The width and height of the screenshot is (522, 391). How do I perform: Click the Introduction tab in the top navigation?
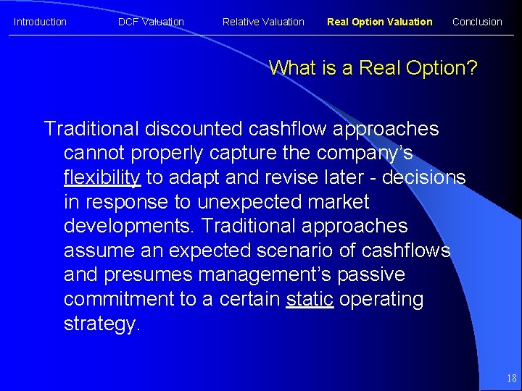pyautogui.click(x=40, y=22)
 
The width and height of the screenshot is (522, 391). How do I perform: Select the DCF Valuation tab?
pyautogui.click(x=151, y=22)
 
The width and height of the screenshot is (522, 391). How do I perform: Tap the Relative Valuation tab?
pyautogui.click(x=263, y=22)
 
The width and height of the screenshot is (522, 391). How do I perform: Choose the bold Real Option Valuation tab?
pyautogui.click(x=379, y=22)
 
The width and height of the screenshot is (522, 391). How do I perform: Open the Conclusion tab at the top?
pyautogui.click(x=477, y=22)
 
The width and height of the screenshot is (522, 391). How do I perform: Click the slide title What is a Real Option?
pyautogui.click(x=373, y=68)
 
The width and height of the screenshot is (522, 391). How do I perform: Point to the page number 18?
pyautogui.click(x=512, y=378)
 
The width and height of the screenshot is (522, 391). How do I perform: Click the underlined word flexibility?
pyautogui.click(x=101, y=177)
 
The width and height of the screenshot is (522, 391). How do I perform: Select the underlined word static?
pyautogui.click(x=310, y=299)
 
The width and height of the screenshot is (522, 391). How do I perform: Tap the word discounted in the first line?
pyautogui.click(x=194, y=129)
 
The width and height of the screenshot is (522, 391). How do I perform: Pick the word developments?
pyautogui.click(x=129, y=227)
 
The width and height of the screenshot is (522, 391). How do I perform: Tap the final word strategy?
pyautogui.click(x=102, y=324)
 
